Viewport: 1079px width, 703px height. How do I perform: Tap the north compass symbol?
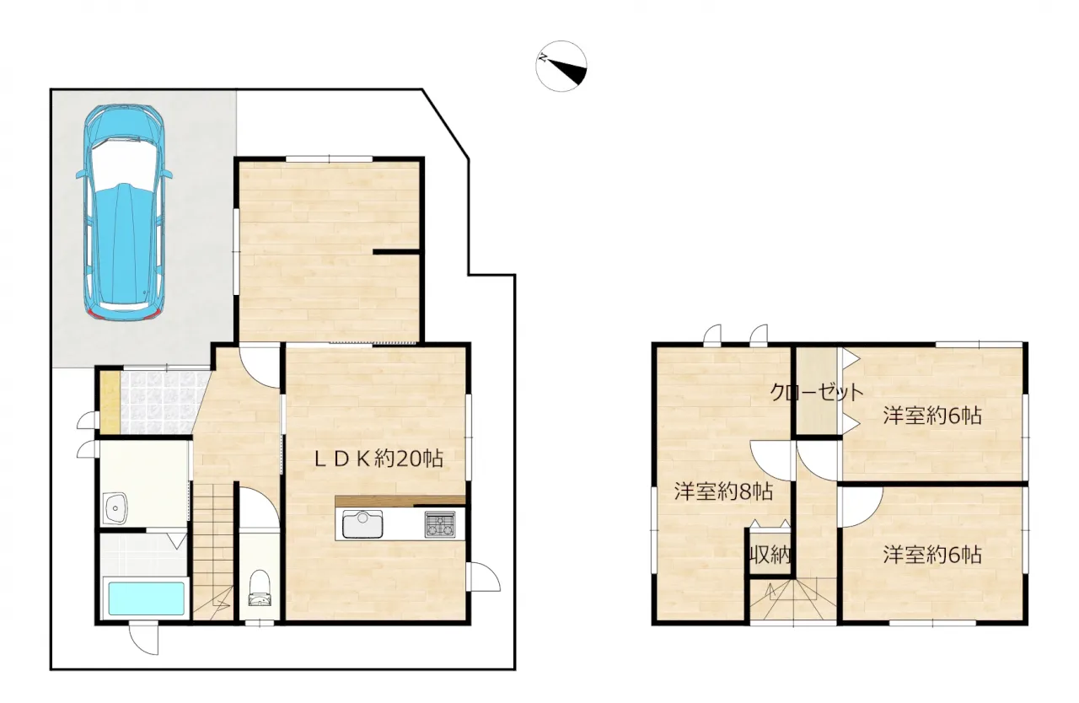(561, 67)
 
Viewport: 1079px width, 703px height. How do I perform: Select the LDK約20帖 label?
(378, 459)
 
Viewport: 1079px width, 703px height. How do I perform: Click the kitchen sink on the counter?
(362, 524)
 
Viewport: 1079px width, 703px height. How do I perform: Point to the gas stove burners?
(440, 524)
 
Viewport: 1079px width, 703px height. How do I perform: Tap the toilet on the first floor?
(260, 588)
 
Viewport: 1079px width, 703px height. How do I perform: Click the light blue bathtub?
(147, 598)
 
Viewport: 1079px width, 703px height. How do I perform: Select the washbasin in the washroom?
(115, 508)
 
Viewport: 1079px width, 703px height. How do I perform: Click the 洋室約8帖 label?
(723, 491)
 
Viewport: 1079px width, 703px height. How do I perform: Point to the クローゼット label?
(817, 393)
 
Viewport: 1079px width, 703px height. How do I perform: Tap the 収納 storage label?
(770, 555)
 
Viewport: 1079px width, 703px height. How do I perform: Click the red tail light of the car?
(96, 315)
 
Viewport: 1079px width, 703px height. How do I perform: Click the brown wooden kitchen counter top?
(400, 501)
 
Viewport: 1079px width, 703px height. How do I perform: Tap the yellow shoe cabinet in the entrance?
(110, 401)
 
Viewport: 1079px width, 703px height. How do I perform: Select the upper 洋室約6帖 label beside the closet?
(932, 416)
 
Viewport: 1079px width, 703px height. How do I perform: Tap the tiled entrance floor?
(164, 401)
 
